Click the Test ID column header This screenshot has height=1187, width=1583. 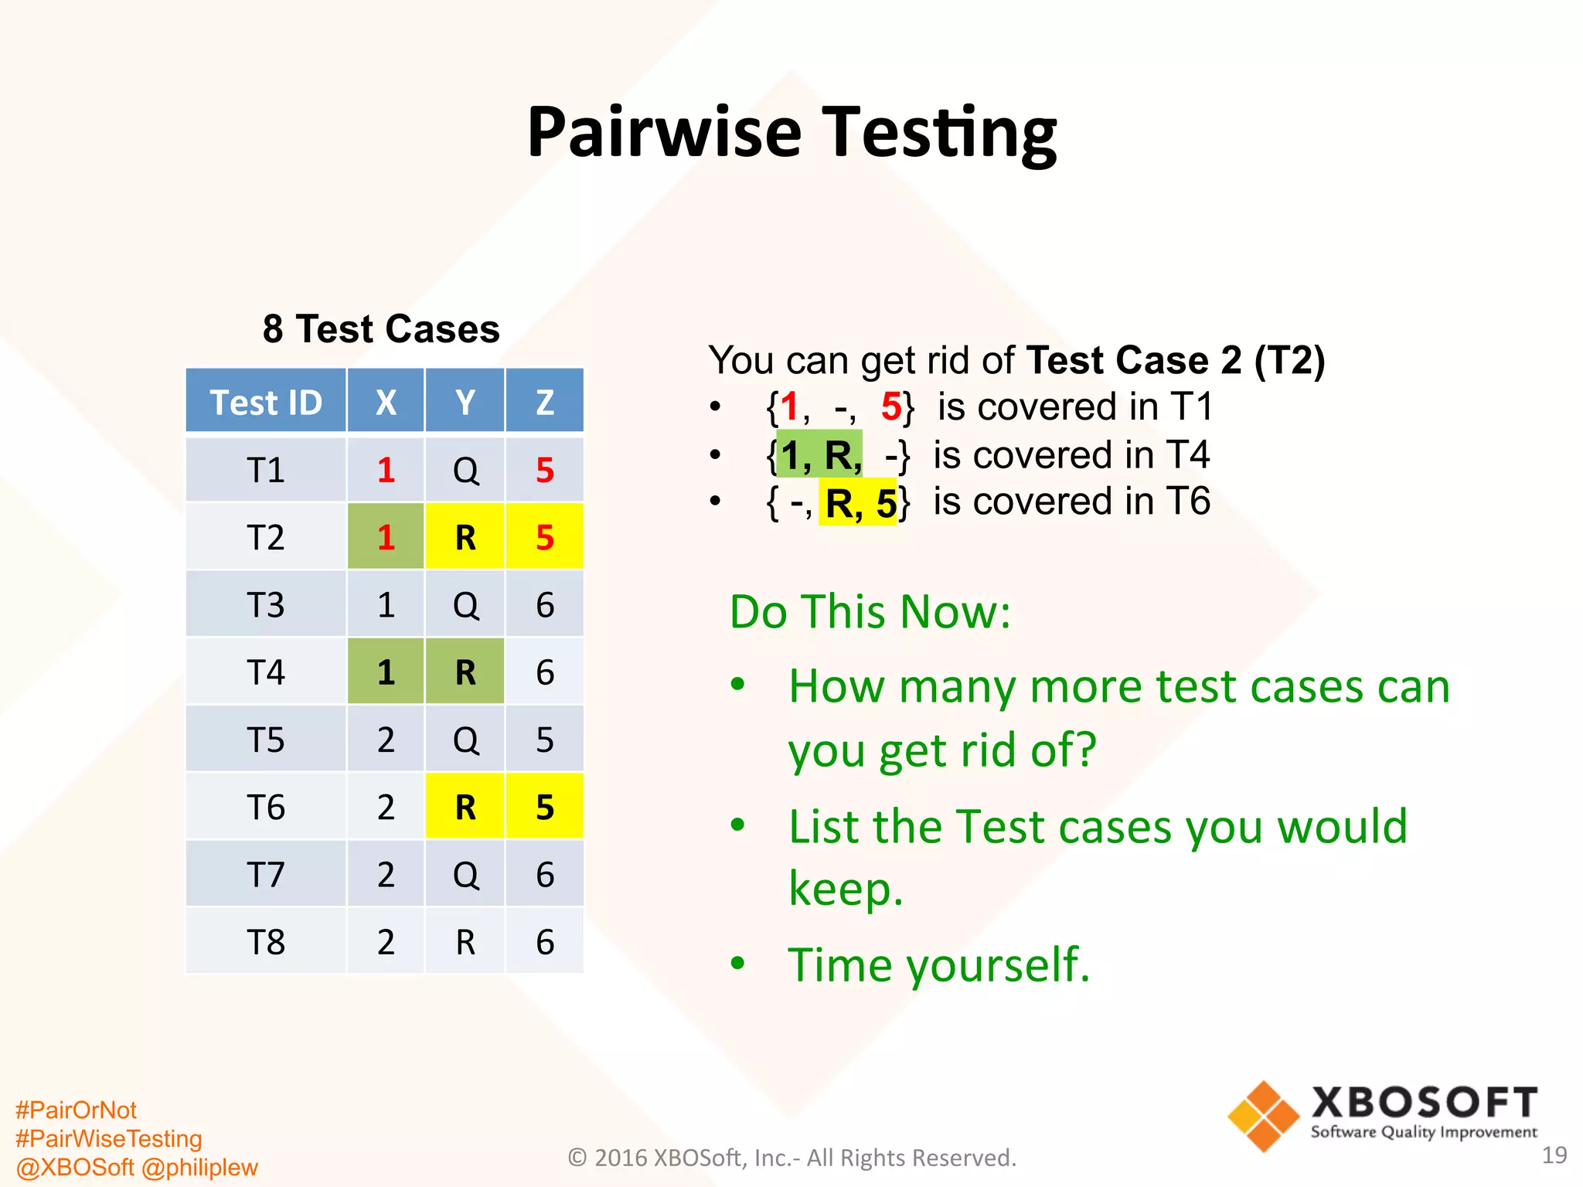click(x=266, y=402)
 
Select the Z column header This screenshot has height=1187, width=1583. click(x=544, y=402)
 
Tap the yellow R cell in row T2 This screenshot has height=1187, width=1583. click(x=465, y=537)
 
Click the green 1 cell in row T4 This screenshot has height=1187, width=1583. click(x=386, y=672)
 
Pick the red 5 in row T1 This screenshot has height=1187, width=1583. click(x=544, y=470)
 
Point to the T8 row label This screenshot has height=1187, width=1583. click(x=266, y=942)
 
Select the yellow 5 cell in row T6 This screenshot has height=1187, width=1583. click(x=544, y=807)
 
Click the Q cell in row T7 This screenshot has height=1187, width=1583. click(x=465, y=875)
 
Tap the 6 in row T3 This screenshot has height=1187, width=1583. click(x=544, y=604)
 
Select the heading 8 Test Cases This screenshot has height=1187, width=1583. click(x=381, y=329)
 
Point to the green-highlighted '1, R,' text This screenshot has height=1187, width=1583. click(x=819, y=455)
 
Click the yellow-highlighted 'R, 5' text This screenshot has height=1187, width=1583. click(x=859, y=503)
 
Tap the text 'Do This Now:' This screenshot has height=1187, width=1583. click(x=870, y=612)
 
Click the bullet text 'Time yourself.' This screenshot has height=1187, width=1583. click(x=938, y=964)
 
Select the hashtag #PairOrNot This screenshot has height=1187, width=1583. click(x=76, y=1110)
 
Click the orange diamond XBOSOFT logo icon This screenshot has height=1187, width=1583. click(x=1263, y=1116)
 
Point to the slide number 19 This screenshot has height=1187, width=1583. click(x=1554, y=1155)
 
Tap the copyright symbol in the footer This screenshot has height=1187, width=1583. click(x=577, y=1158)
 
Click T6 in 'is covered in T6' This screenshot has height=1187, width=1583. click(x=1188, y=502)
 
